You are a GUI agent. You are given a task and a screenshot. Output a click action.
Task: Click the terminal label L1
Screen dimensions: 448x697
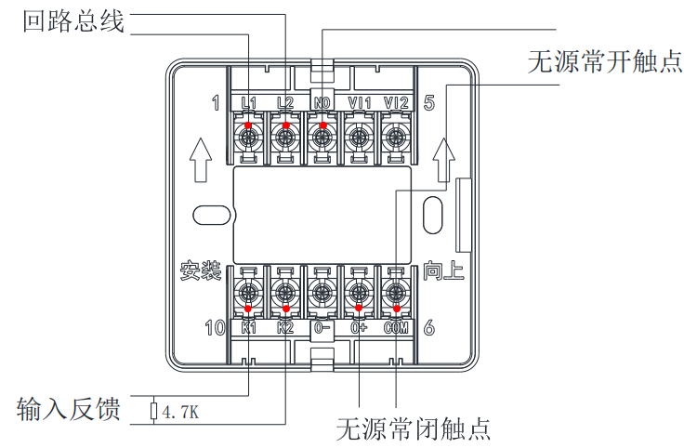pos(248,102)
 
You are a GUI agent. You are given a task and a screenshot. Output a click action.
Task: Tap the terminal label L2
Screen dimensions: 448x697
pos(285,102)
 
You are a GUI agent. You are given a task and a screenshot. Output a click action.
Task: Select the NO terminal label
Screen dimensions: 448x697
pos(322,102)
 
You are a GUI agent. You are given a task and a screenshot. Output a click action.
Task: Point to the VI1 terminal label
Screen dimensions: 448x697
pos(359,102)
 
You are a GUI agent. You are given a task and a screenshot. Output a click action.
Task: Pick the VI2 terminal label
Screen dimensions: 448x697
pos(396,102)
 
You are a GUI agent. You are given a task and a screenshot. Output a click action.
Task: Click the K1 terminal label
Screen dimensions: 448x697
pos(248,327)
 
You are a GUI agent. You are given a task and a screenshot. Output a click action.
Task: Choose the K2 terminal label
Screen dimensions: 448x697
pos(285,327)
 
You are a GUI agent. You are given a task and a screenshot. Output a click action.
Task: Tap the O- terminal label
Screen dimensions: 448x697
pos(322,327)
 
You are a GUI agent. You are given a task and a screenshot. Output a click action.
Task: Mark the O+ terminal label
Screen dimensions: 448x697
pos(359,327)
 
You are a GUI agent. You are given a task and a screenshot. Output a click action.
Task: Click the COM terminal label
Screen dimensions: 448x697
pos(396,327)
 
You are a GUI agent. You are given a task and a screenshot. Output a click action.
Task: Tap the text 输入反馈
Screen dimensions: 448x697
pos(69,409)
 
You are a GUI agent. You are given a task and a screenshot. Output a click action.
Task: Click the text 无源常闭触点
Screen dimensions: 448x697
pos(413,428)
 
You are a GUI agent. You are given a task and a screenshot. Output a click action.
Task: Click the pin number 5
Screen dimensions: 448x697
pos(429,102)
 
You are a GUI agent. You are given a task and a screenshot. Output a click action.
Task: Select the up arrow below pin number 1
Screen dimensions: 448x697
pos(200,159)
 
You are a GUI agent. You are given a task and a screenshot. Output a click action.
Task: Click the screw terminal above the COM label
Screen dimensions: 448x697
pos(396,293)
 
